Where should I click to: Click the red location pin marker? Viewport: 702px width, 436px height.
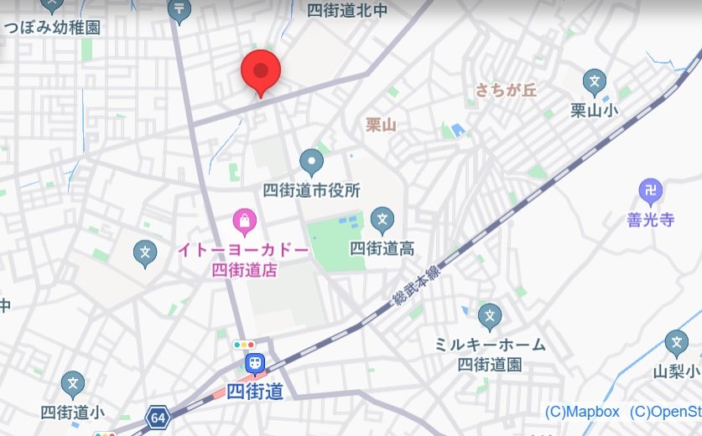pyautogui.click(x=260, y=71)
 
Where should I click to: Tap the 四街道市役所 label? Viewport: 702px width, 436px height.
pyautogui.click(x=311, y=190)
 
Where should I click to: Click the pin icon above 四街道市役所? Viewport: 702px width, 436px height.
pyautogui.click(x=311, y=160)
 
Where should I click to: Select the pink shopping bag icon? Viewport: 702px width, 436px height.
pyautogui.click(x=243, y=221)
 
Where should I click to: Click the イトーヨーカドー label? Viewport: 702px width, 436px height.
pyautogui.click(x=243, y=250)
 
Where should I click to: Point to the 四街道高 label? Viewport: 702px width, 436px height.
pyautogui.click(x=382, y=248)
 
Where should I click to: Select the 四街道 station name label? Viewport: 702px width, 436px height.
pyautogui.click(x=254, y=391)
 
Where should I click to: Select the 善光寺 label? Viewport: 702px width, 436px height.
pyautogui.click(x=650, y=221)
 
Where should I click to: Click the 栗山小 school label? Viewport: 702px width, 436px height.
pyautogui.click(x=594, y=110)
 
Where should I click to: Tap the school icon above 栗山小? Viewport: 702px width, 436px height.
pyautogui.click(x=594, y=82)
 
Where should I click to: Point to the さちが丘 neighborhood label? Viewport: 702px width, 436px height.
pyautogui.click(x=505, y=90)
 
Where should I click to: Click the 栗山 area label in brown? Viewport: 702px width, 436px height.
pyautogui.click(x=381, y=125)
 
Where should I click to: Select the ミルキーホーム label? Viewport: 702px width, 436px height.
pyautogui.click(x=490, y=345)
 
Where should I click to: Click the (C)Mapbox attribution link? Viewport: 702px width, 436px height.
pyautogui.click(x=582, y=412)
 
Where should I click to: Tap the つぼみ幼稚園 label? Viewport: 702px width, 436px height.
pyautogui.click(x=52, y=27)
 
